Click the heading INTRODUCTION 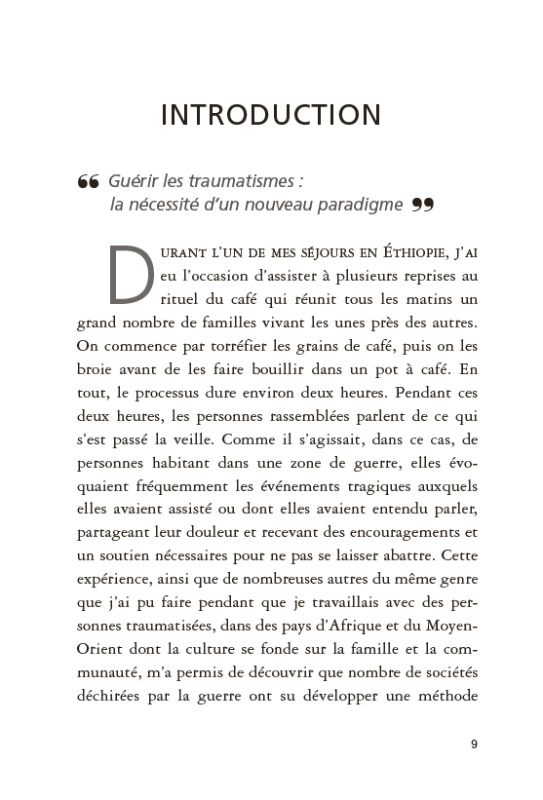click(271, 114)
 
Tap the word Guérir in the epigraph click(136, 181)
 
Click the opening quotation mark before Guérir click(88, 182)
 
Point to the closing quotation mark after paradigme click(421, 205)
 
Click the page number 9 click(473, 745)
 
